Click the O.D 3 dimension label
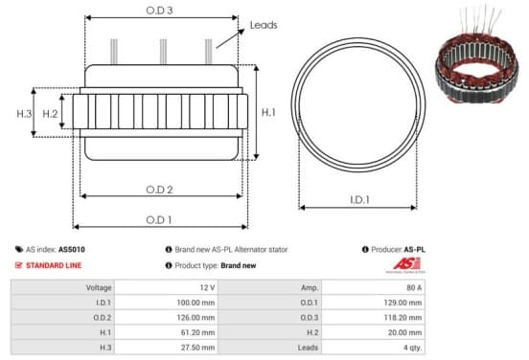[159, 11]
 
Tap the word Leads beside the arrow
[264, 25]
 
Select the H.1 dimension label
[268, 112]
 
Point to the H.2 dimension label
[50, 114]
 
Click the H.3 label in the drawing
[24, 114]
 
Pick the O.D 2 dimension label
[159, 190]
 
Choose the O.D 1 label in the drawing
[159, 220]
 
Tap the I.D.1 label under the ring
[359, 200]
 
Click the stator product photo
[476, 56]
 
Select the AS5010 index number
[72, 250]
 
